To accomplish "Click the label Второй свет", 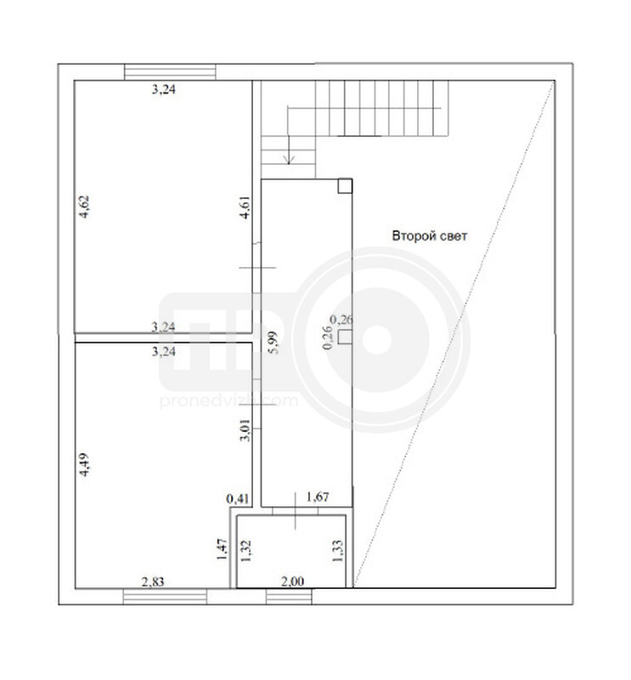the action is point(430,236).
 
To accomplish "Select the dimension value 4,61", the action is point(245,207).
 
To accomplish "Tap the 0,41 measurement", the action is point(238,499).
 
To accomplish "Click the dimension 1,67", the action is point(318,496).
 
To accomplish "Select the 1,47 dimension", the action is point(222,549).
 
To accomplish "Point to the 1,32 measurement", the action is point(245,551).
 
